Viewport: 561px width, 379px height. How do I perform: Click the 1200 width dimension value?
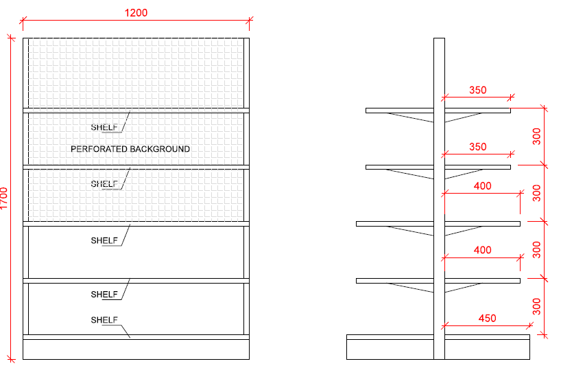(x=136, y=12)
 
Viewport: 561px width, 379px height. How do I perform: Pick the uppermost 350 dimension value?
(x=477, y=90)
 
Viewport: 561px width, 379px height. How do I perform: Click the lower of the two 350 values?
(x=477, y=147)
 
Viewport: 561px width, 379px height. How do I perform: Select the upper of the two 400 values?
(x=483, y=186)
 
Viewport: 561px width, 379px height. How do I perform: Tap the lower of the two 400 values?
(x=483, y=251)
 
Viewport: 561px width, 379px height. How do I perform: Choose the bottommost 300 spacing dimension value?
(x=537, y=306)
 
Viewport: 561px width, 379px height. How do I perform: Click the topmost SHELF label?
(x=105, y=127)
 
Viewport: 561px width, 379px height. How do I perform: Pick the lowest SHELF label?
(x=105, y=320)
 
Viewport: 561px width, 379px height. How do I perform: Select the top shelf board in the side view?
(x=401, y=110)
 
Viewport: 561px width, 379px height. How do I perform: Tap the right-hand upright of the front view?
(x=246, y=192)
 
